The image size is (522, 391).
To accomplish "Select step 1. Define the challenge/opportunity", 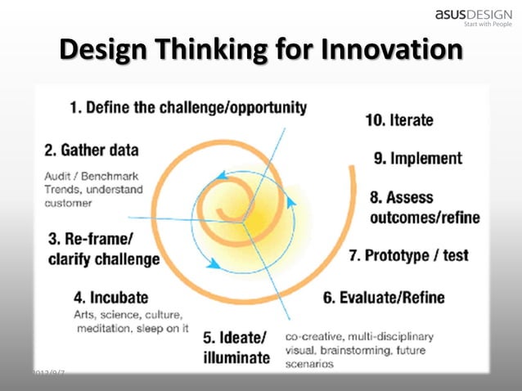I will coord(188,107).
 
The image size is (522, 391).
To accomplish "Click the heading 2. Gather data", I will coord(91,151).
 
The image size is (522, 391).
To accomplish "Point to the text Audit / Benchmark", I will coord(91,176).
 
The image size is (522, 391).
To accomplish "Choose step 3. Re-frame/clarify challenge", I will coord(103,250).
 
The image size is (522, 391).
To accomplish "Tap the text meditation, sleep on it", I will coord(133,329).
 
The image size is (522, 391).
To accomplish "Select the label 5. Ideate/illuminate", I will coord(236,348).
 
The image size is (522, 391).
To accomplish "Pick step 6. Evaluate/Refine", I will coord(384,297).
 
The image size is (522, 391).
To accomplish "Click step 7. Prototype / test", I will coord(408,255).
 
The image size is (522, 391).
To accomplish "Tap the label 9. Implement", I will coord(417,158).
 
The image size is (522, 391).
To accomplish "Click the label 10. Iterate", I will coord(399,119).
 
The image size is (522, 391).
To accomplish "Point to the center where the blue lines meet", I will coord(243,220).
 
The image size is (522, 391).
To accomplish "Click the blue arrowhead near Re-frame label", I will coord(214,265).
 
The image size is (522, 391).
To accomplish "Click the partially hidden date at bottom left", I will coord(48,373).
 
